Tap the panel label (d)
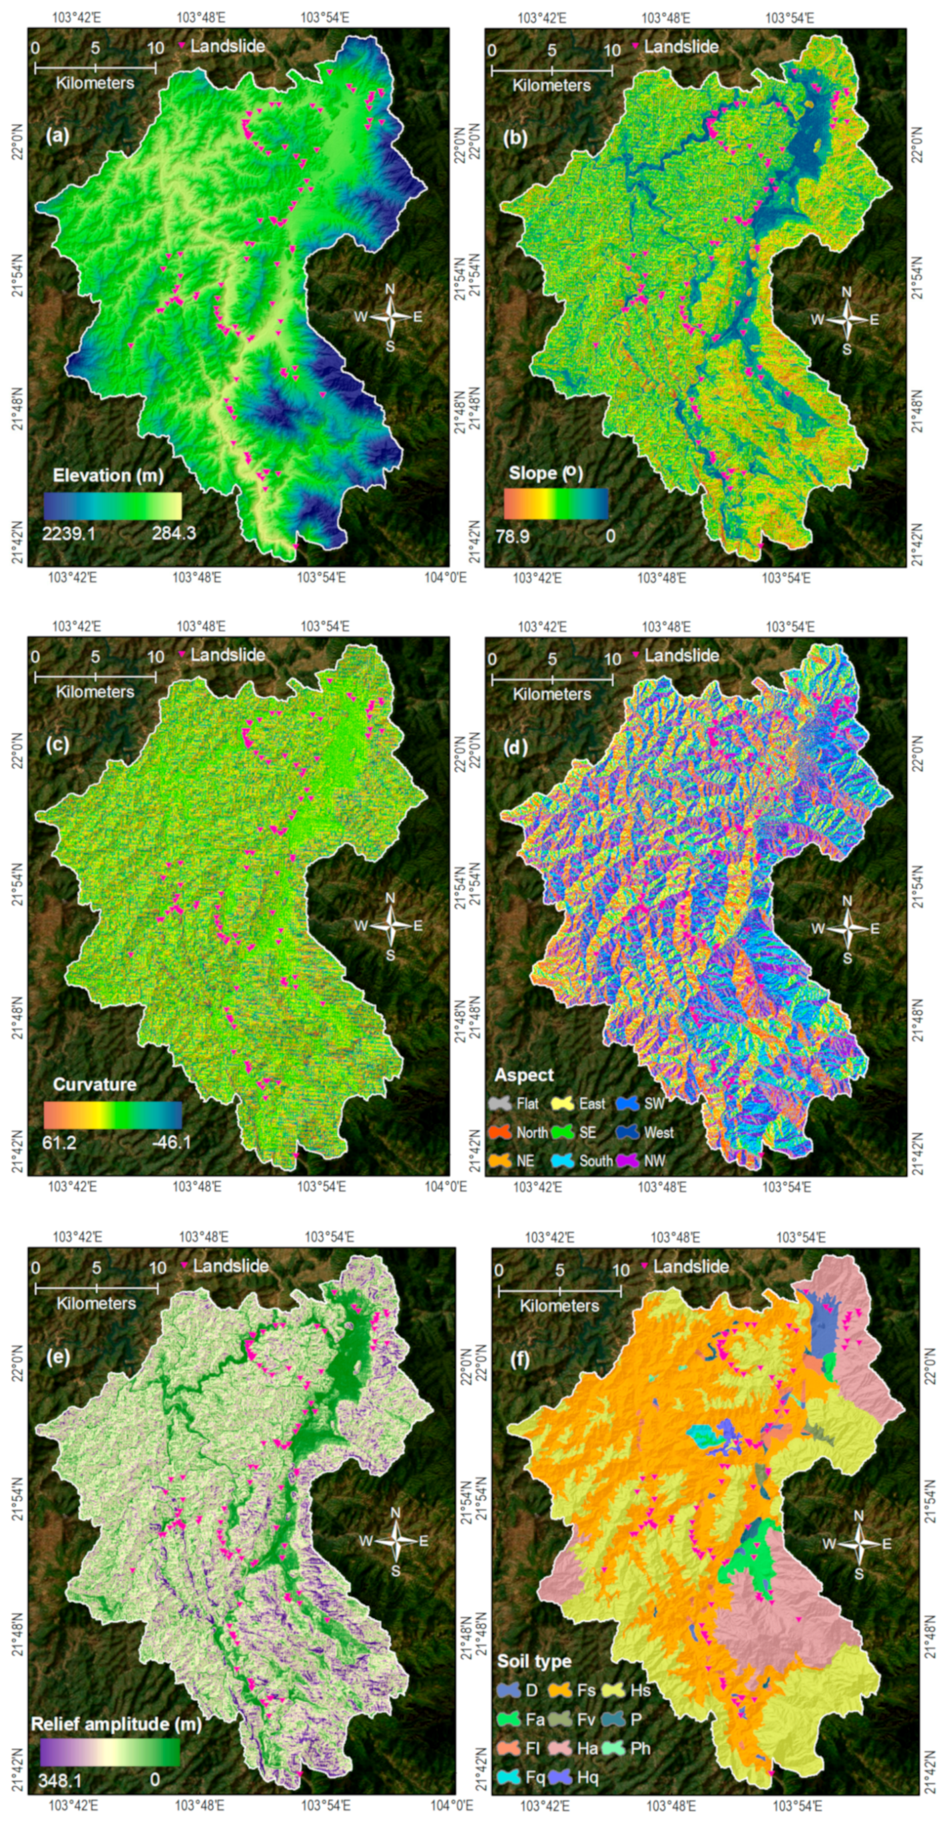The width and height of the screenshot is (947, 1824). click(515, 746)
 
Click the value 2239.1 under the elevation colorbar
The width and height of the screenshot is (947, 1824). click(68, 533)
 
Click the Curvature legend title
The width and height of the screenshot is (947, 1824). click(94, 1084)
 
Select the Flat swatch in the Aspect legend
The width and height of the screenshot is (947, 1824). click(499, 1103)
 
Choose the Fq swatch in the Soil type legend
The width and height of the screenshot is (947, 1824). click(509, 1777)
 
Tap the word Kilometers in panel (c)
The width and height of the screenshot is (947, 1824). click(95, 691)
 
